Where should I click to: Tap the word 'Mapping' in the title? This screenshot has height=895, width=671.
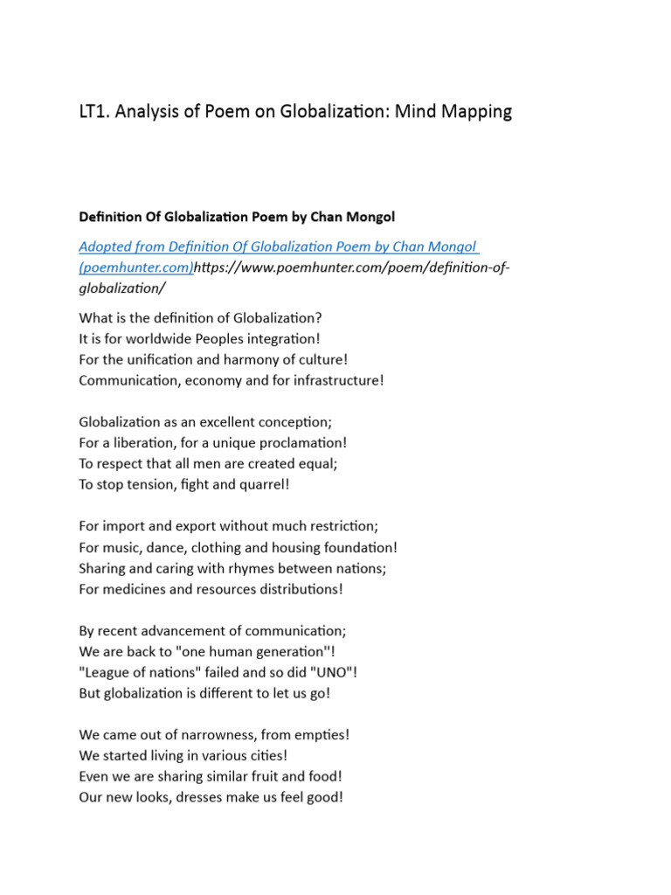(477, 112)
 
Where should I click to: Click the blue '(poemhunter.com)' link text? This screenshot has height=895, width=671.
(135, 267)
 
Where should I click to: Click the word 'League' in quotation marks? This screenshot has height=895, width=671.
(105, 672)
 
